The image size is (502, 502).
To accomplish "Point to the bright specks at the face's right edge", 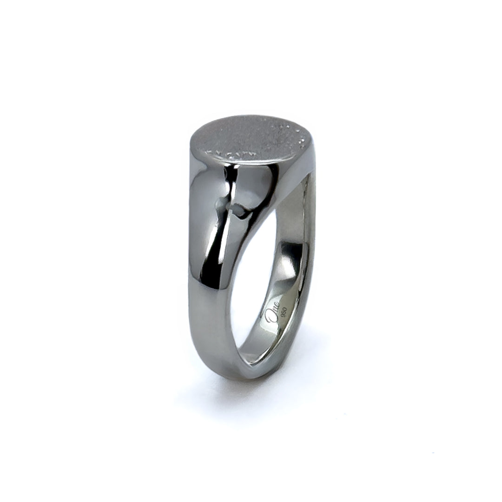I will [x=297, y=135].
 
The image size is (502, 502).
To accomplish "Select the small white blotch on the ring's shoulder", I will [x=238, y=211].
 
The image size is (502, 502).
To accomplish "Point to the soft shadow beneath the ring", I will [x=242, y=395].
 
